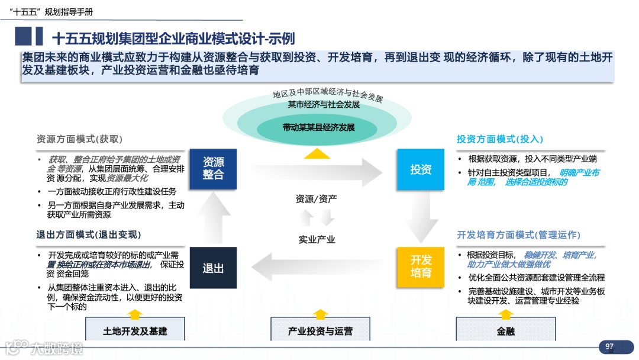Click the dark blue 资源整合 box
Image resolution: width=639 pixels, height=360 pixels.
(x=213, y=169)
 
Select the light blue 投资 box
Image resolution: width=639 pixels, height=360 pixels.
(x=421, y=169)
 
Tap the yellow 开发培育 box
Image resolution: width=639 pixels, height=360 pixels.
(x=421, y=266)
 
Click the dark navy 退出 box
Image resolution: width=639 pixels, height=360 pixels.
(x=213, y=268)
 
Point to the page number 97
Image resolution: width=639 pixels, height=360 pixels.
(x=609, y=346)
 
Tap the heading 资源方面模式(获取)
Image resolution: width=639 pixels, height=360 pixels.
(x=79, y=139)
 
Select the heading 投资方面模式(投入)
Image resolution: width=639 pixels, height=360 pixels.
(x=499, y=139)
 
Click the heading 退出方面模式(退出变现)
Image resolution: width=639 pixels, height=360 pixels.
(x=89, y=235)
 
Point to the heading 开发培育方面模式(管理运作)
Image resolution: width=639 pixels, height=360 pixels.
(x=518, y=235)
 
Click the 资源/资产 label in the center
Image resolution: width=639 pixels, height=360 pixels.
(x=317, y=199)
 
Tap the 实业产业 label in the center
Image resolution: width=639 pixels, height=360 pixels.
(x=317, y=239)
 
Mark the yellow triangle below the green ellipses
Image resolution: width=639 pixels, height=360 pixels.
(x=318, y=153)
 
